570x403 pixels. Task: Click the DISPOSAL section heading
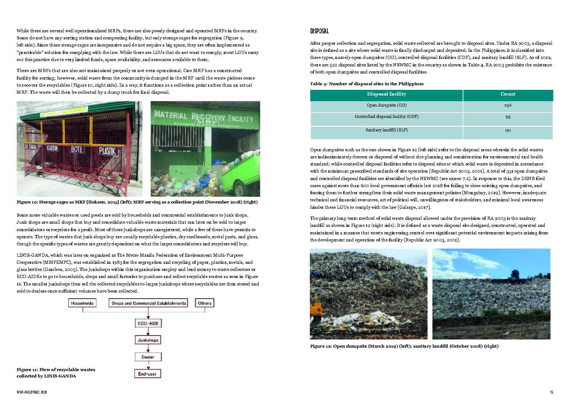tap(319, 31)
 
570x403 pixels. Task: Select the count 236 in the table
tap(507, 105)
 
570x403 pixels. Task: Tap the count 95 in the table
tap(507, 117)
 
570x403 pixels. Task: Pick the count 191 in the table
tap(507, 130)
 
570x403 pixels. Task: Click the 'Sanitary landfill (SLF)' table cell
tap(386, 130)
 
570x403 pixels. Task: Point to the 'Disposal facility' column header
tap(386, 94)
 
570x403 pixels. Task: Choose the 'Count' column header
tap(507, 94)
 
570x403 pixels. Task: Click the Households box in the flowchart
tap(82, 303)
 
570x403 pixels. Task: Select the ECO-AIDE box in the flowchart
tap(148, 323)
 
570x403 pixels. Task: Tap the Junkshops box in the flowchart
tap(148, 340)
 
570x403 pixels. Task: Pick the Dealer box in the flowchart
tap(148, 357)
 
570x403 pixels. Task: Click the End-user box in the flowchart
tap(147, 374)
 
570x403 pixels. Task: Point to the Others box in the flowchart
tap(205, 303)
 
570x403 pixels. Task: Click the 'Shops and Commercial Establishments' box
tap(149, 303)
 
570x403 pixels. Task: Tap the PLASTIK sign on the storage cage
tap(107, 151)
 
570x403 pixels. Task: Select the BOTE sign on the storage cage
tap(76, 149)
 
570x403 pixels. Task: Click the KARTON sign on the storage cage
tap(52, 148)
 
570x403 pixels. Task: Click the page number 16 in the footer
tap(551, 392)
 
